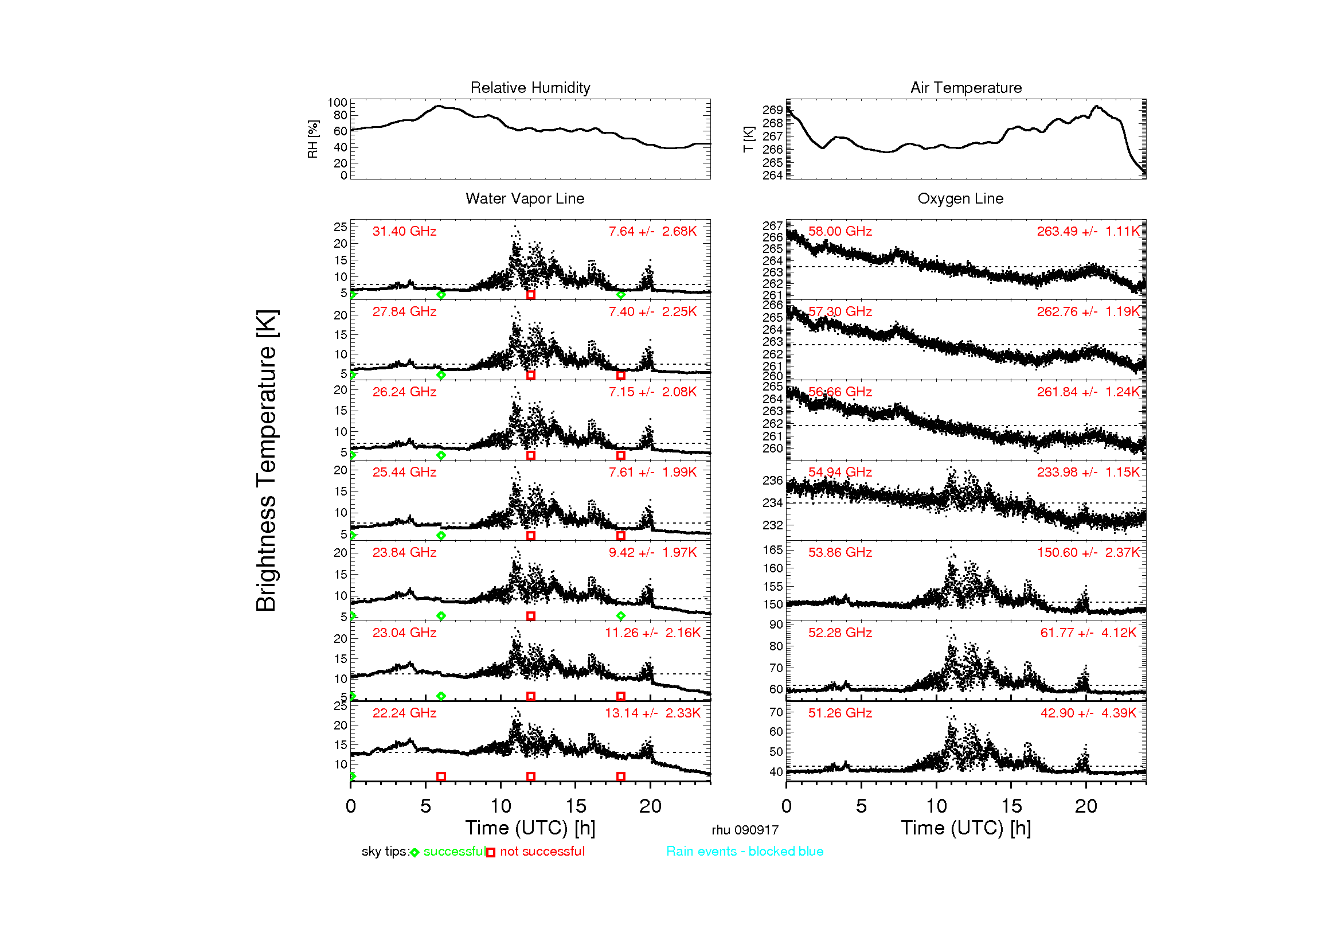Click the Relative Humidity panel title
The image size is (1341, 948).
tap(530, 88)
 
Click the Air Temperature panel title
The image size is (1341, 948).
tap(966, 88)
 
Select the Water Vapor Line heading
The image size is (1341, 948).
tap(525, 198)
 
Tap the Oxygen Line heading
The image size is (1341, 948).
tap(960, 198)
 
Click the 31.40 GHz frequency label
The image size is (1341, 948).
tap(404, 231)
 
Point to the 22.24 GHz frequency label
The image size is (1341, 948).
tap(404, 713)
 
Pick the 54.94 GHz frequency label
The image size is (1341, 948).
tap(840, 472)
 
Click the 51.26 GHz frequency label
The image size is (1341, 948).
tap(840, 713)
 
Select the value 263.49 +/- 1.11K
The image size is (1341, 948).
tap(1088, 231)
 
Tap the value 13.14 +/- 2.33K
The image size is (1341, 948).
tap(652, 713)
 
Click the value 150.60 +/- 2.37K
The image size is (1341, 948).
tap(1088, 552)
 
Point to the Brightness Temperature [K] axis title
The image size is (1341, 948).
tap(267, 461)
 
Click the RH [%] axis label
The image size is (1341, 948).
tap(313, 139)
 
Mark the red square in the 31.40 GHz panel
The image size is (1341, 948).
tap(531, 295)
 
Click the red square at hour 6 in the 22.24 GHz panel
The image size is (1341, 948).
tap(441, 777)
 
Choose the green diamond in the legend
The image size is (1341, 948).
tap(415, 853)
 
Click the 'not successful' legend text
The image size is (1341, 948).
tap(542, 851)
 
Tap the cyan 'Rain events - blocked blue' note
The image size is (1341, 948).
tap(745, 851)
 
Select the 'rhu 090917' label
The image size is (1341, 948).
tap(745, 830)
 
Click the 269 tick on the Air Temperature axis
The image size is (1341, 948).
tap(772, 110)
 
